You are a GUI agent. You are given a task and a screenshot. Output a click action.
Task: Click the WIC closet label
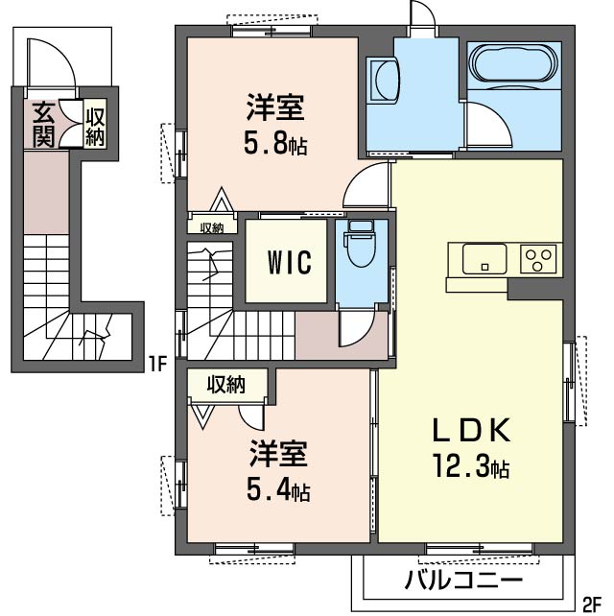(290, 262)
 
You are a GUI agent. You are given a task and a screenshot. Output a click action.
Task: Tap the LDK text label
(471, 431)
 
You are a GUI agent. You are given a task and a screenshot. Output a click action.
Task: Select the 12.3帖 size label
(471, 466)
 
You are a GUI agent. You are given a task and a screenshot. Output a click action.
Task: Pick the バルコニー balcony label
(464, 580)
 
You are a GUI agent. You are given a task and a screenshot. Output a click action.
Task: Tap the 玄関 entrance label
(43, 124)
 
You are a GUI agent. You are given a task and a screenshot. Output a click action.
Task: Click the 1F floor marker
(157, 365)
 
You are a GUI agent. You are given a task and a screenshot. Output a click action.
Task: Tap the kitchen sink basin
(484, 259)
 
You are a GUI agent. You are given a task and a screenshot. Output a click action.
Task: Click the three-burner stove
(538, 259)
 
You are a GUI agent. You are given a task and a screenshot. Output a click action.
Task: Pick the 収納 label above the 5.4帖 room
(226, 385)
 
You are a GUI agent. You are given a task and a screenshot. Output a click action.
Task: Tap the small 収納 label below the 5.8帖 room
(212, 227)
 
